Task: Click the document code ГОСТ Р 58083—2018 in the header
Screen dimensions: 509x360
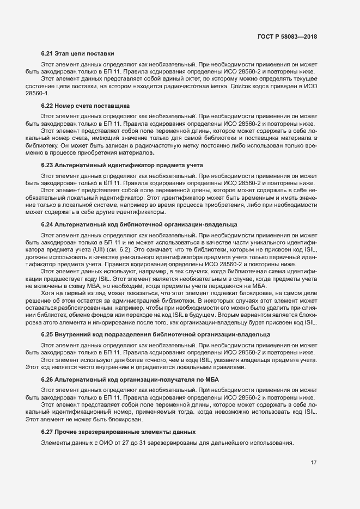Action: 287,36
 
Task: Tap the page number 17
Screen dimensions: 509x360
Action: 314,463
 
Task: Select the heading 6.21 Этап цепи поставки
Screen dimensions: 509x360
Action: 77,53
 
